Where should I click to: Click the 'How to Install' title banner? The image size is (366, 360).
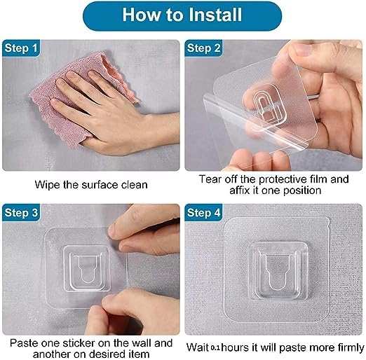click(x=182, y=15)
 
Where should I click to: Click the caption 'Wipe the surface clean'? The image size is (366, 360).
click(x=90, y=186)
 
